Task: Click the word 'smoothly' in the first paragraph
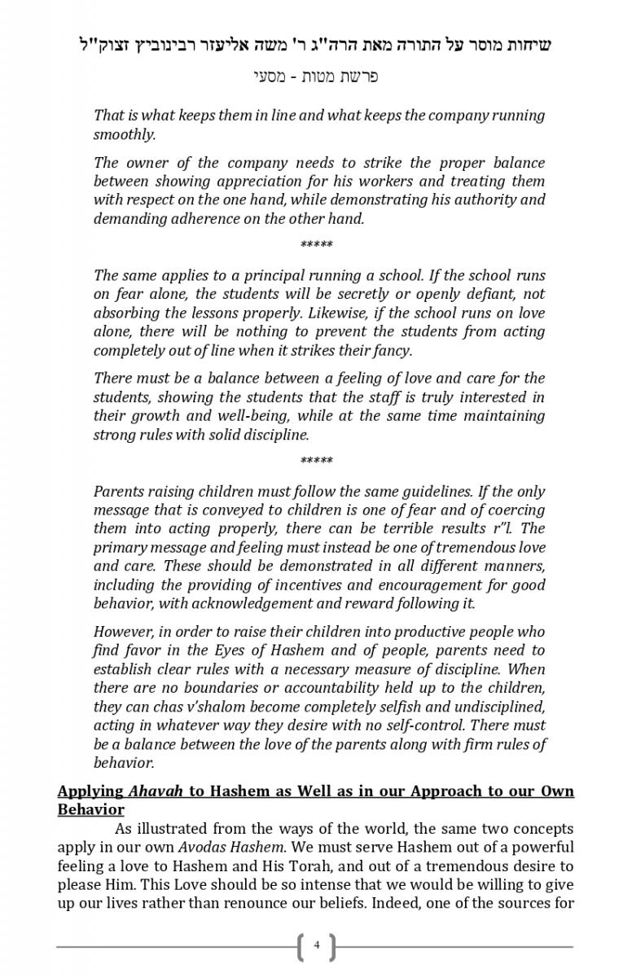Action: click(123, 134)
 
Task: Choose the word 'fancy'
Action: click(391, 351)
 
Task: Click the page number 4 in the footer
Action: click(317, 946)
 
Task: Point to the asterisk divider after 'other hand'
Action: click(317, 245)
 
